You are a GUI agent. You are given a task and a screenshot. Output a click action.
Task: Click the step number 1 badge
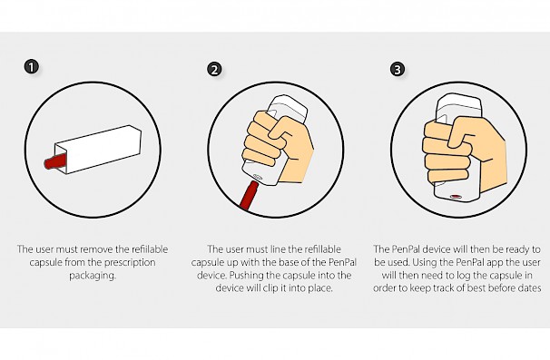(x=32, y=66)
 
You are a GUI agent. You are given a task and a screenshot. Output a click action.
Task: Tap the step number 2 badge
(x=214, y=69)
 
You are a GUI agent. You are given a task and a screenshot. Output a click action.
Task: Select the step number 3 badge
(x=397, y=69)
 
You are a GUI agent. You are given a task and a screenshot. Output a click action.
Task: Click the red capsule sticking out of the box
(x=55, y=161)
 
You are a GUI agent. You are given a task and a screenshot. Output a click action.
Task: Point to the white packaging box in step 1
(x=98, y=149)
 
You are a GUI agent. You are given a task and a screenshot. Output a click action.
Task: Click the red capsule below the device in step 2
(x=249, y=195)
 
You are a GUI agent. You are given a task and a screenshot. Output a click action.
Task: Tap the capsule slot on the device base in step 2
(x=257, y=177)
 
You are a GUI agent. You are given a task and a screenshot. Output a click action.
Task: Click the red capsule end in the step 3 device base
(x=456, y=197)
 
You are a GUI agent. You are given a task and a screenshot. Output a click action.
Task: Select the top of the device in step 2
(x=289, y=107)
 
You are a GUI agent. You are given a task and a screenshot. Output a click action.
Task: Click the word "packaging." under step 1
(x=93, y=276)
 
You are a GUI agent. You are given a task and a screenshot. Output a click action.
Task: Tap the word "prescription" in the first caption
(x=130, y=262)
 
